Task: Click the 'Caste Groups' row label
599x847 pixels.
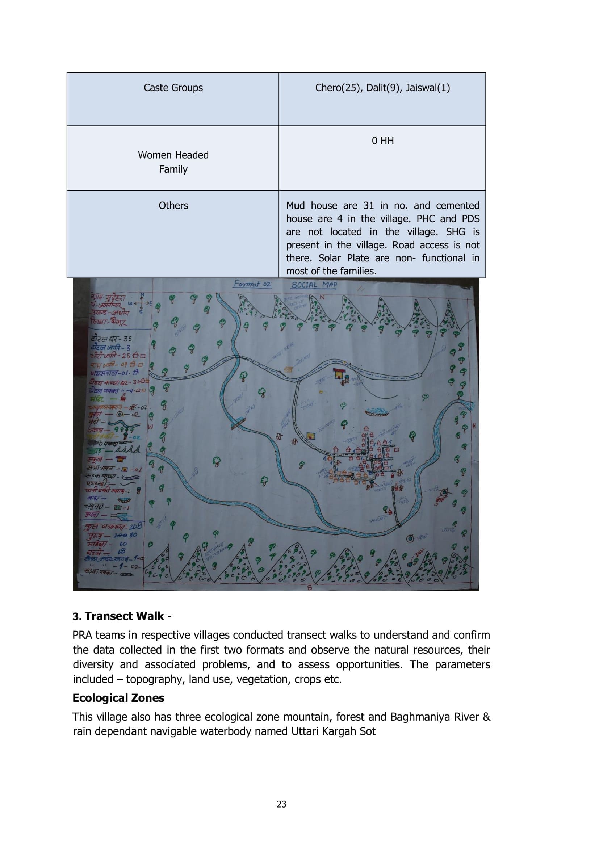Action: pos(173,88)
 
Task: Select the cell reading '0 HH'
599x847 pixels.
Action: pos(382,141)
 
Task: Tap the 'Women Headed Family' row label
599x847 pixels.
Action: pos(173,162)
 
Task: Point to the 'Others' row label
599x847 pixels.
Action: pos(173,205)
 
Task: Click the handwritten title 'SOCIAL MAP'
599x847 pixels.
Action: pos(314,285)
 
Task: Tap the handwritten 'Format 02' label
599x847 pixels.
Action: pos(252,284)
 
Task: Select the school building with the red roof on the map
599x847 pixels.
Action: pos(339,373)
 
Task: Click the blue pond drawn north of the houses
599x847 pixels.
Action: pos(377,411)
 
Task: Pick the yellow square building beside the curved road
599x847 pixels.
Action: pos(311,436)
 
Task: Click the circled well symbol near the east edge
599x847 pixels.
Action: pos(444,492)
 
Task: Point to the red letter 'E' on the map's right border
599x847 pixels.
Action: pos(474,427)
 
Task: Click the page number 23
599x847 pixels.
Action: pos(281,804)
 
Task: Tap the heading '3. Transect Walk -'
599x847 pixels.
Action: pos(122,616)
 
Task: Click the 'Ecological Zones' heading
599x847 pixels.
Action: pos(118,698)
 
